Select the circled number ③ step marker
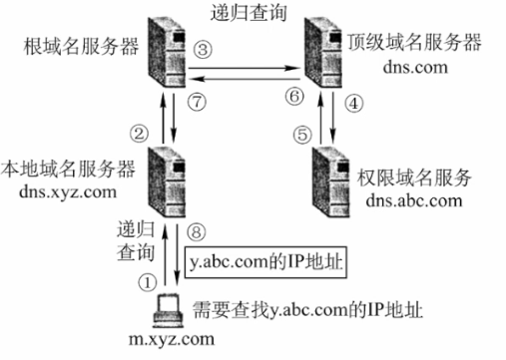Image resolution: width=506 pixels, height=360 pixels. (204, 48)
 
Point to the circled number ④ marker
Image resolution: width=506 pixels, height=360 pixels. (350, 103)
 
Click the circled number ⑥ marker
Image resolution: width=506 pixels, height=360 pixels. (292, 96)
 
